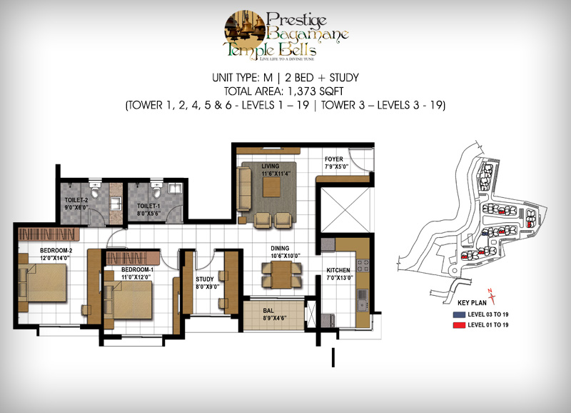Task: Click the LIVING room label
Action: pyautogui.click(x=271, y=166)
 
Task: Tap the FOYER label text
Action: pyautogui.click(x=334, y=159)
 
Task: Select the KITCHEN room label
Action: pyautogui.click(x=338, y=270)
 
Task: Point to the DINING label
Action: pyautogui.click(x=280, y=248)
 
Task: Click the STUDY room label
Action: pyautogui.click(x=205, y=279)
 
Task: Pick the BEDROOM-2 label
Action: pyautogui.click(x=56, y=250)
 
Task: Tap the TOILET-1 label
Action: pyautogui.click(x=148, y=206)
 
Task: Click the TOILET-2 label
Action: pyautogui.click(x=76, y=200)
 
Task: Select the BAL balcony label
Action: pyautogui.click(x=268, y=311)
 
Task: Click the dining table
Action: pyautogui.click(x=281, y=275)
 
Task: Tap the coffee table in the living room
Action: pyautogui.click(x=272, y=187)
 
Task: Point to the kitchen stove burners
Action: pyautogui.click(x=363, y=265)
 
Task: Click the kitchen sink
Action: pyautogui.click(x=363, y=300)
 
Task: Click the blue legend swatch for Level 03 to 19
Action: pyautogui.click(x=459, y=314)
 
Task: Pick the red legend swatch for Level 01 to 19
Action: pyautogui.click(x=459, y=325)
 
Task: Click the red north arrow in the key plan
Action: pyautogui.click(x=492, y=296)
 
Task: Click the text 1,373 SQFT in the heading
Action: pyautogui.click(x=315, y=91)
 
